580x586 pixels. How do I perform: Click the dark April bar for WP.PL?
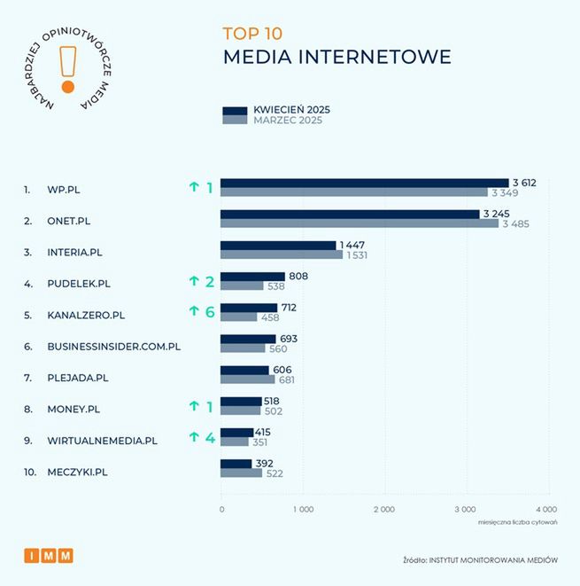click(364, 183)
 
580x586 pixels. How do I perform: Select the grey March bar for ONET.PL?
click(359, 223)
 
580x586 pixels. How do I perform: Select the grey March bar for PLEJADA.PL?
click(247, 379)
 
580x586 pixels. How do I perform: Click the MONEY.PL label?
click(73, 409)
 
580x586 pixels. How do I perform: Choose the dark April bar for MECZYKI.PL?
click(236, 464)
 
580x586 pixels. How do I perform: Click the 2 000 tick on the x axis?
click(383, 510)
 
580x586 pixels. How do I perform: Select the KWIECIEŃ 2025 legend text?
click(291, 110)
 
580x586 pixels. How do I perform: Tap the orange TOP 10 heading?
click(252, 35)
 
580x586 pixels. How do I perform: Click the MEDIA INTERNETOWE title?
click(336, 58)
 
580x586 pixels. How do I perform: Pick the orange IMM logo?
click(49, 555)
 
